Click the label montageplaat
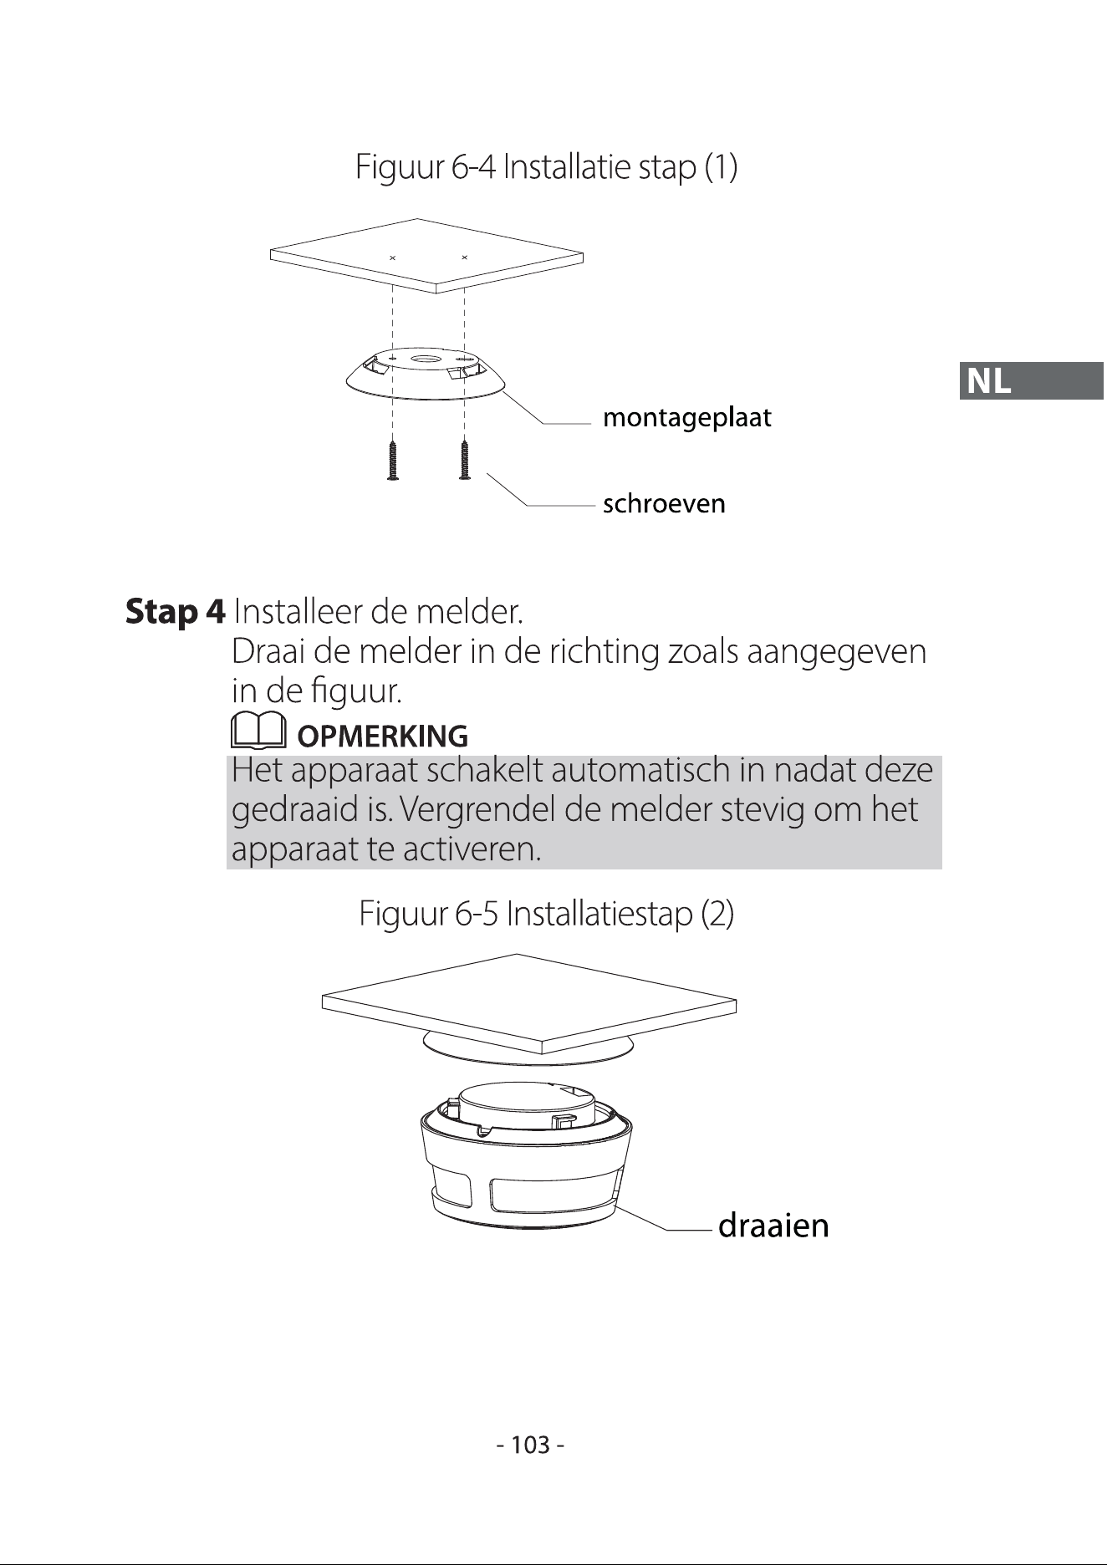tap(687, 418)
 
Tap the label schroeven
tap(665, 504)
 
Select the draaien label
tap(773, 1226)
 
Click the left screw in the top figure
tap(393, 461)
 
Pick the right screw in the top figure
tap(465, 461)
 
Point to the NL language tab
tap(1032, 381)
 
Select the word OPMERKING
tap(383, 737)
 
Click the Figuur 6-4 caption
tap(547, 168)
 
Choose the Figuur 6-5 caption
tap(547, 914)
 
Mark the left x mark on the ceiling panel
tap(392, 257)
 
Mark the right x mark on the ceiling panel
tap(464, 257)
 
